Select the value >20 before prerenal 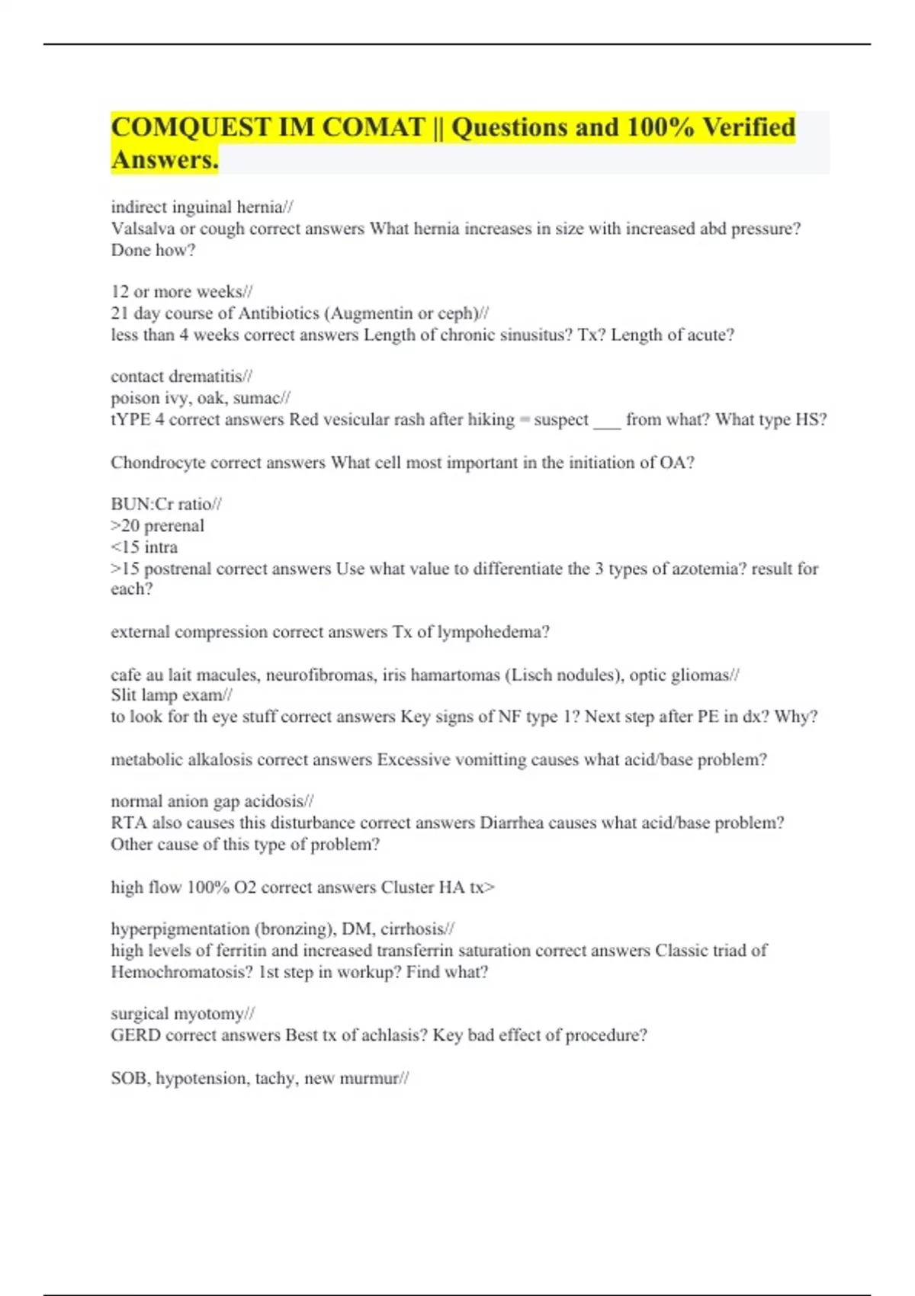[125, 526]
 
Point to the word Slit [123, 695]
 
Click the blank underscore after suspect [607, 420]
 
